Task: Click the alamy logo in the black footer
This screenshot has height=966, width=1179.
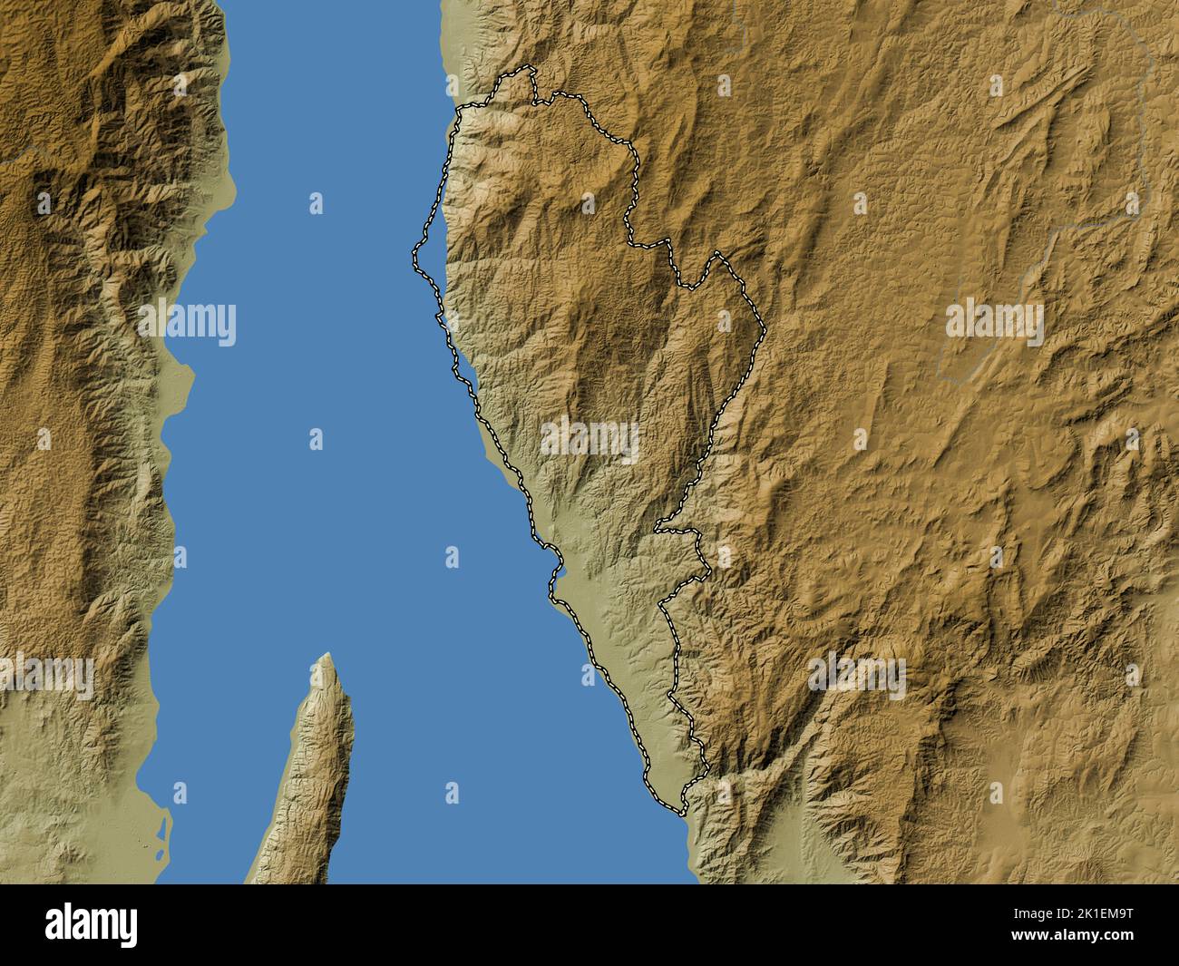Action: coord(92,924)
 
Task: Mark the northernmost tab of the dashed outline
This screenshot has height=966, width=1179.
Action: coord(524,72)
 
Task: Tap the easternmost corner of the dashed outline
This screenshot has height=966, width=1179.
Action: coord(765,328)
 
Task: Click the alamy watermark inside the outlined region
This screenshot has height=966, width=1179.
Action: coord(589,442)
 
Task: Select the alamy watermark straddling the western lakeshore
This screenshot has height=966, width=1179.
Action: coord(188,322)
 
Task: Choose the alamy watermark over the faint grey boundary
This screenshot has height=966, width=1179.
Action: coord(995,322)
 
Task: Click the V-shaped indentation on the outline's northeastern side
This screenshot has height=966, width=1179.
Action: coord(691,286)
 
